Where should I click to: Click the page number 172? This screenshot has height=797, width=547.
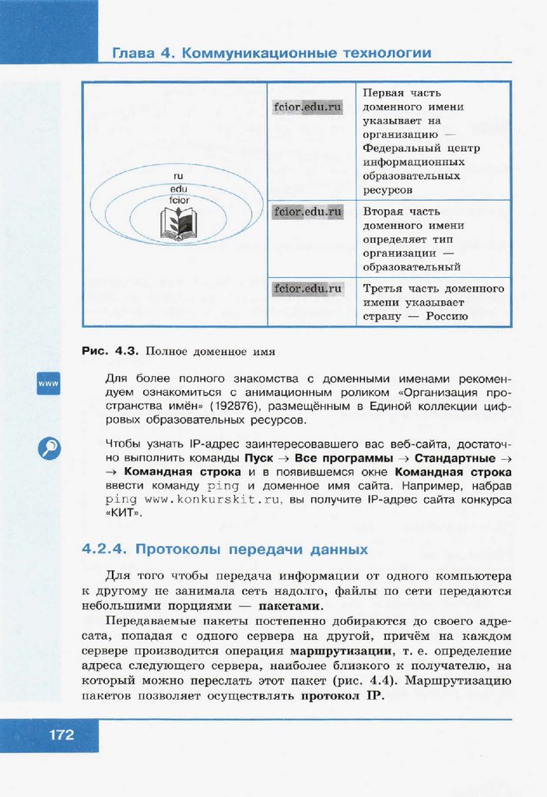pos(61,734)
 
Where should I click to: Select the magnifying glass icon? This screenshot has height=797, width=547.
pos(48,448)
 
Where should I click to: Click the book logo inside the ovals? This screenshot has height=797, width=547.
pos(178,223)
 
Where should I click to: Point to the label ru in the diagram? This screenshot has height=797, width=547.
pos(178,177)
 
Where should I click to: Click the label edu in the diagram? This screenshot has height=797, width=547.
pos(178,188)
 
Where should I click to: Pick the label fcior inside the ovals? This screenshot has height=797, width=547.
pos(178,200)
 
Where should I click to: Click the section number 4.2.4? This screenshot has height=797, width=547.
pos(105,549)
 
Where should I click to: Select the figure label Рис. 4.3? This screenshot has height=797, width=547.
pos(110,351)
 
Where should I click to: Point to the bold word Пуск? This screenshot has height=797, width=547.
pos(258,458)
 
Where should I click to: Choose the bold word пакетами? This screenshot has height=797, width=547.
pos(289,606)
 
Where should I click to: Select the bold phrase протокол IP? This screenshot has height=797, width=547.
pos(342,695)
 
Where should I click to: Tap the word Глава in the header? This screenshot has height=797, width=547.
pos(135,54)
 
